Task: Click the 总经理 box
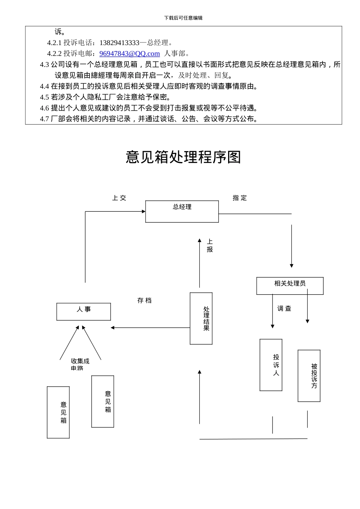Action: pyautogui.click(x=182, y=211)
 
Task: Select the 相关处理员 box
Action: pyautogui.click(x=290, y=286)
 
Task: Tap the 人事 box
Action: pyautogui.click(x=83, y=312)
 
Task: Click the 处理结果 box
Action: pyautogui.click(x=201, y=319)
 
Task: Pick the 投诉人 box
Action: pyautogui.click(x=271, y=365)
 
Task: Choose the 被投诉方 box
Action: pyautogui.click(x=309, y=376)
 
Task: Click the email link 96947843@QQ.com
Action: pyautogui.click(x=130, y=54)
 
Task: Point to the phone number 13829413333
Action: pyautogui.click(x=119, y=43)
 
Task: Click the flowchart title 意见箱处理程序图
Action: pyautogui.click(x=183, y=157)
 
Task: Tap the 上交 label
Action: pyautogui.click(x=119, y=198)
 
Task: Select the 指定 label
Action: pyautogui.click(x=239, y=198)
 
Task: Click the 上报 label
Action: pyautogui.click(x=210, y=245)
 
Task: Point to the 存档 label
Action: pyautogui.click(x=144, y=301)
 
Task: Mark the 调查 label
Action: pyautogui.click(x=284, y=309)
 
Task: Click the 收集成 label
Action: pyautogui.click(x=80, y=361)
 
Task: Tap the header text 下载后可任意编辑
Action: pyautogui.click(x=183, y=18)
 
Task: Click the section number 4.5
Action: pyautogui.click(x=44, y=97)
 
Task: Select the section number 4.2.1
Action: pyautogui.click(x=54, y=43)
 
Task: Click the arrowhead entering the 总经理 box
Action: pyautogui.click(x=144, y=211)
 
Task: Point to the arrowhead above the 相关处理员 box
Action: pyautogui.click(x=291, y=266)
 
